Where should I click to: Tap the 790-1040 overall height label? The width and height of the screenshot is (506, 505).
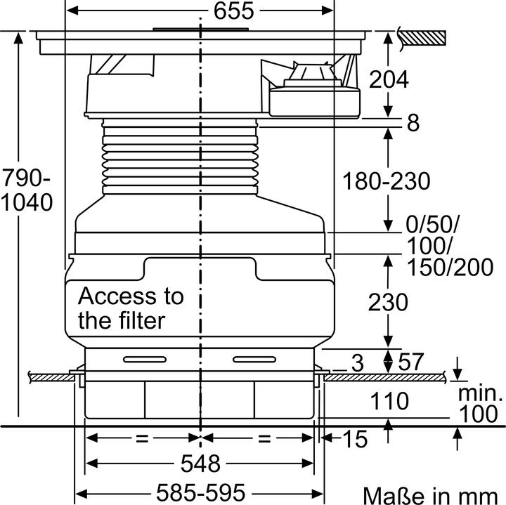click(27, 189)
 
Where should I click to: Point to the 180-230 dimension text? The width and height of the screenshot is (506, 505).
click(386, 181)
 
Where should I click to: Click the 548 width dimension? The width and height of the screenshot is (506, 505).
click(200, 464)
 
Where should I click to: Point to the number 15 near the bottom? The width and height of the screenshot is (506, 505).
click(356, 440)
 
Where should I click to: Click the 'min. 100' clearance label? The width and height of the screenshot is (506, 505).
click(481, 404)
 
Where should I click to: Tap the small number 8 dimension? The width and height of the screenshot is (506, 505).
click(413, 124)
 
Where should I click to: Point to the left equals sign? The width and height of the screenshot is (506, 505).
click(143, 438)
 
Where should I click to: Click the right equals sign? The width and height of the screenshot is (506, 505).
click(264, 438)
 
